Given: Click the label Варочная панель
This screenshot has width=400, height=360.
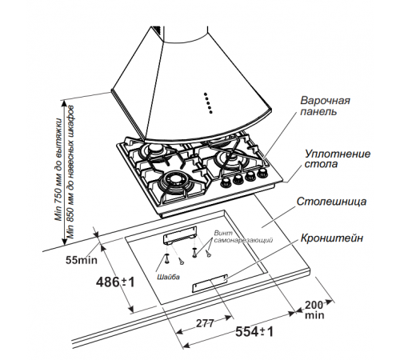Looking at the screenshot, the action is click(x=325, y=106).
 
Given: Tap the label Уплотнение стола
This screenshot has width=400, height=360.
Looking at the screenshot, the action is click(x=338, y=159).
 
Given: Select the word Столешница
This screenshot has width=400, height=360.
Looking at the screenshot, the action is click(x=331, y=202).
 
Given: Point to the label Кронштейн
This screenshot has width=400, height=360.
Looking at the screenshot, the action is click(x=332, y=238).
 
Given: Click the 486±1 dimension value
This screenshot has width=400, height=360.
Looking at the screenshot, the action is click(x=115, y=282).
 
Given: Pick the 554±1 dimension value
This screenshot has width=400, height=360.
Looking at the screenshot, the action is click(x=254, y=332).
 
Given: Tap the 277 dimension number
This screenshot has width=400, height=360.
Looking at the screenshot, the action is click(x=205, y=323).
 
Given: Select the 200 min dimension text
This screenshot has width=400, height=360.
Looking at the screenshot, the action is click(x=314, y=310).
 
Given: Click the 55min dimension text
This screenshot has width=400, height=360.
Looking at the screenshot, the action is click(x=82, y=260).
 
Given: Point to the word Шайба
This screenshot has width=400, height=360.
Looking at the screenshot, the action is click(x=168, y=277).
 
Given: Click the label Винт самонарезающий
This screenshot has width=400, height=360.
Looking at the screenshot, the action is click(x=243, y=237).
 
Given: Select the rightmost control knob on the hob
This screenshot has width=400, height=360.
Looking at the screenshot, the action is click(x=262, y=174).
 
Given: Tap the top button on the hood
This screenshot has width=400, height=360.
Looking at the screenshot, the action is click(x=205, y=94).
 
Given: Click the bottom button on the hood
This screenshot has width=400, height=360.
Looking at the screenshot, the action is click(x=211, y=112).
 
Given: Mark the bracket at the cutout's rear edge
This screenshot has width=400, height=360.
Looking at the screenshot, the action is click(x=180, y=234).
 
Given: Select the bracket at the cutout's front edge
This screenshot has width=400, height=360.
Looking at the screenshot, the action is click(x=210, y=283).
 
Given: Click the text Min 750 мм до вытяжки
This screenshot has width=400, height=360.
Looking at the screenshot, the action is click(x=58, y=170).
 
